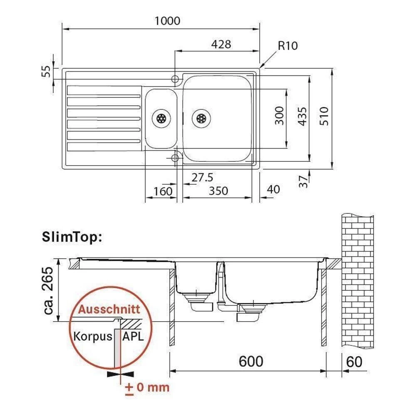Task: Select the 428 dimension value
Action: point(220,44)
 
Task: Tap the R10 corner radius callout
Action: point(287,46)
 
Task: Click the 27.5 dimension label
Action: point(202,178)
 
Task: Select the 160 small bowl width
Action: point(163,191)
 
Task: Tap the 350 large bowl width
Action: point(218,191)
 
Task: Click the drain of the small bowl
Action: point(161,118)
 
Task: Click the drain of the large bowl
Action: point(201,118)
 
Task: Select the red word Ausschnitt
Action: point(109,310)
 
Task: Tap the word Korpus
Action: point(93,336)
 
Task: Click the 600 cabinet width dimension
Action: point(250,362)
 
